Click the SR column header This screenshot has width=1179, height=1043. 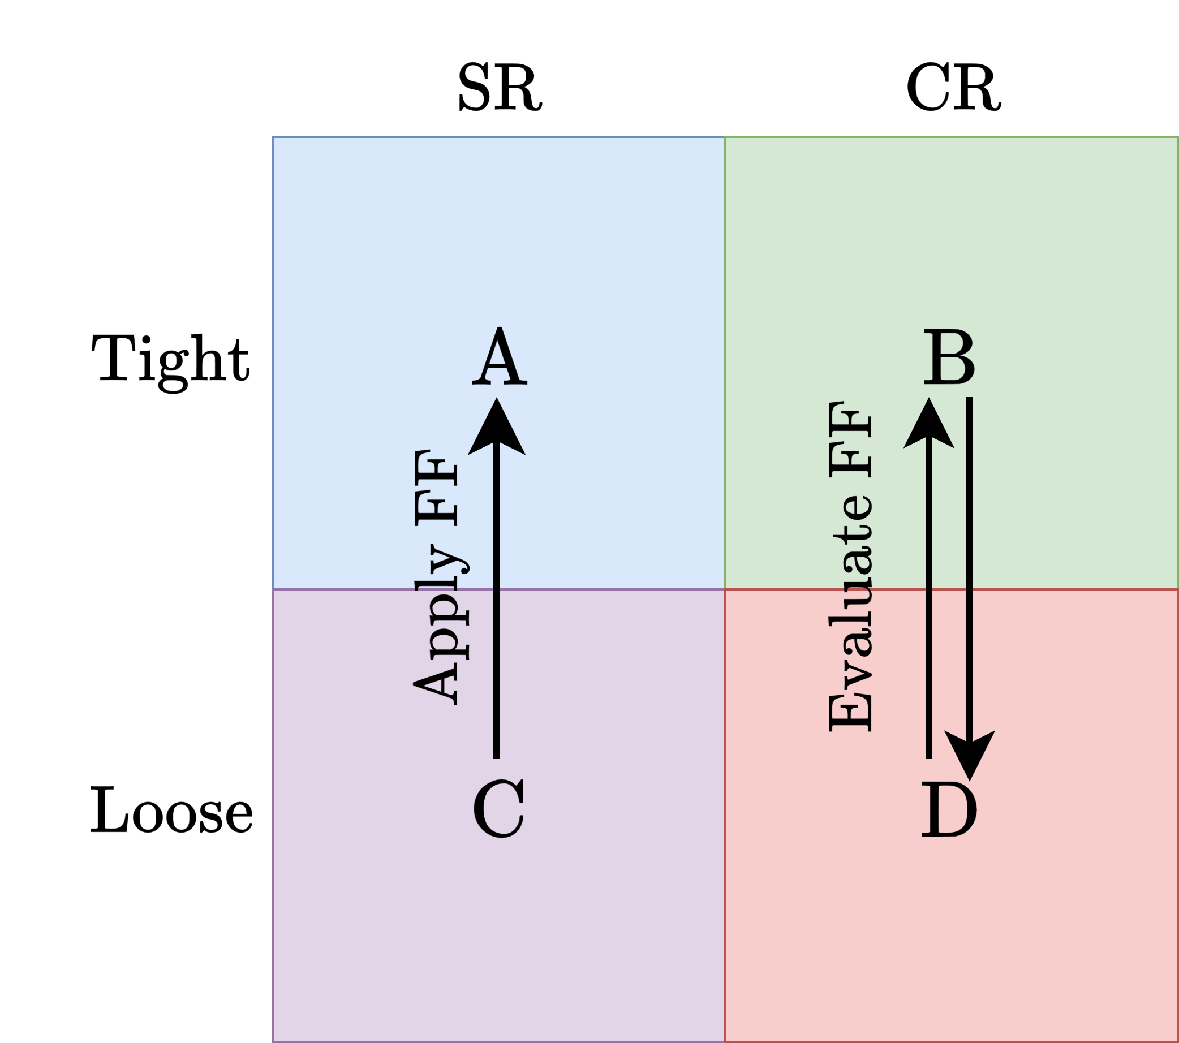coord(500,88)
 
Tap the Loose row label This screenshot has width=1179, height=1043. coord(171,811)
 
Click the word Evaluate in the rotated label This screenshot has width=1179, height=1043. coord(850,615)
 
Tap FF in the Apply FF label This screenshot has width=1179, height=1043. coord(437,488)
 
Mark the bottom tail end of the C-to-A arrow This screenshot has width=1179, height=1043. coord(497,757)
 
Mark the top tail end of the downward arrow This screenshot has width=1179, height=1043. coord(970,399)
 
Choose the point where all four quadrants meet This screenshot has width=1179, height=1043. coord(725,589)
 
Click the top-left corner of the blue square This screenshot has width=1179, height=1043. coord(273,137)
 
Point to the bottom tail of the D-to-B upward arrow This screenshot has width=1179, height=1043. coord(929,757)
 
